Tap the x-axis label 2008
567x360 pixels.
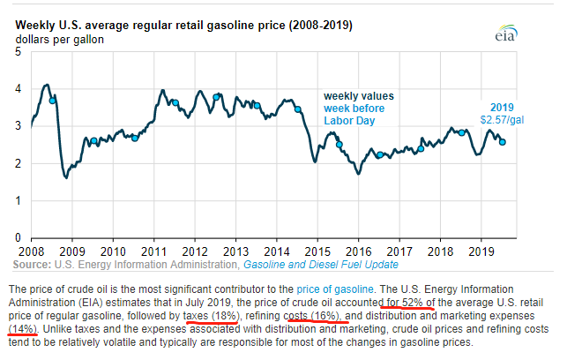click(x=32, y=250)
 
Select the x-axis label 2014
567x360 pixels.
click(x=277, y=250)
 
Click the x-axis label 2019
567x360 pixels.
click(x=481, y=250)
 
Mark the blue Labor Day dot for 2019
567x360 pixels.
click(x=503, y=141)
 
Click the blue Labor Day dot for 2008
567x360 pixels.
click(x=52, y=100)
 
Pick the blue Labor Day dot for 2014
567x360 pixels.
click(x=297, y=109)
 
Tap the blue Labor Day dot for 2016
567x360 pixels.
click(x=379, y=154)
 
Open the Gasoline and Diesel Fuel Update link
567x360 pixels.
click(x=320, y=264)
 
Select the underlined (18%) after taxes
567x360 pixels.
click(x=224, y=316)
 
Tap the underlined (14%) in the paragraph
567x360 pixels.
click(x=22, y=329)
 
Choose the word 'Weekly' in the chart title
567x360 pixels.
click(x=36, y=26)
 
